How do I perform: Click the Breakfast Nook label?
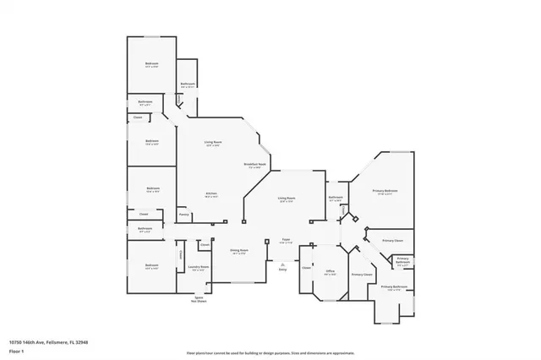point(255,165)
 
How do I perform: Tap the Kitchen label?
point(211,195)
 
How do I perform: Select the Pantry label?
point(183,215)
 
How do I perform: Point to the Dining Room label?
point(239,252)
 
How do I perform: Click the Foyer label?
point(287,241)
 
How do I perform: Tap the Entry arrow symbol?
point(282,267)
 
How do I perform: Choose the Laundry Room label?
point(199,269)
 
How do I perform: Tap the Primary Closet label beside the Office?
point(362,275)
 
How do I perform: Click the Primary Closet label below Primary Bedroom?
point(392,241)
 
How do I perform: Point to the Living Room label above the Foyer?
point(287,199)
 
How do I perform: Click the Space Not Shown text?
point(199,299)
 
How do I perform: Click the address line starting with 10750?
point(48,342)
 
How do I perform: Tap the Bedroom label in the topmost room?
point(151,65)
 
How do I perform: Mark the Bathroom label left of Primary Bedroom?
point(336,198)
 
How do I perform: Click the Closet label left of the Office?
point(307,268)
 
